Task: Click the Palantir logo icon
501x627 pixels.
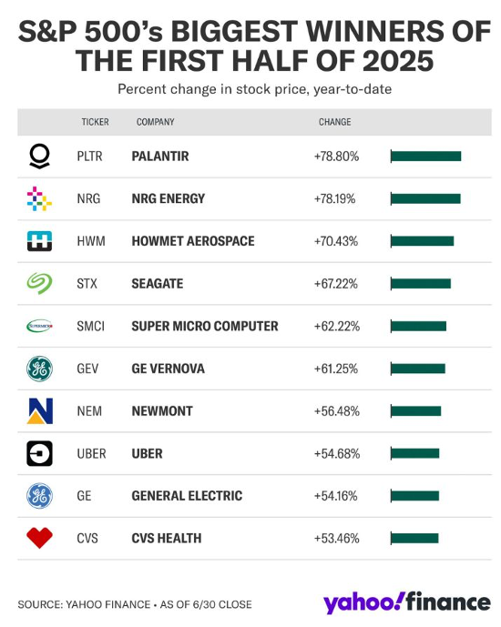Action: tap(39, 157)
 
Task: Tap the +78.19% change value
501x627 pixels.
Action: tap(336, 198)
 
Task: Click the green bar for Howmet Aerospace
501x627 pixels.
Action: tap(422, 241)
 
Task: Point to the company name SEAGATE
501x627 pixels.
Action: tap(158, 284)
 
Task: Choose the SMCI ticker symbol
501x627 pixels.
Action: tap(91, 326)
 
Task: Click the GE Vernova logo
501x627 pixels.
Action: tap(39, 369)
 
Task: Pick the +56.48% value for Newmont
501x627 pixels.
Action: tap(336, 411)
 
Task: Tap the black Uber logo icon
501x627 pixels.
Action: tap(39, 453)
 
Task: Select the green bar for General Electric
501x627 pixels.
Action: tap(414, 496)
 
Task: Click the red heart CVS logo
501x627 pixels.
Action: tap(39, 539)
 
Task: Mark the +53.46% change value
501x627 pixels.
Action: tap(336, 539)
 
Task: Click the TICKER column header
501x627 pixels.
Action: tap(95, 122)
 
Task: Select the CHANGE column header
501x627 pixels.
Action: tap(334, 122)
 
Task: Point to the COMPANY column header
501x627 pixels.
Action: tap(156, 122)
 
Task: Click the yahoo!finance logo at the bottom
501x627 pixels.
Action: tap(405, 602)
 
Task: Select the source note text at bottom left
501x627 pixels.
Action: tap(134, 604)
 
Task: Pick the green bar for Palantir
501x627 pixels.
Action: tap(425, 157)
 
